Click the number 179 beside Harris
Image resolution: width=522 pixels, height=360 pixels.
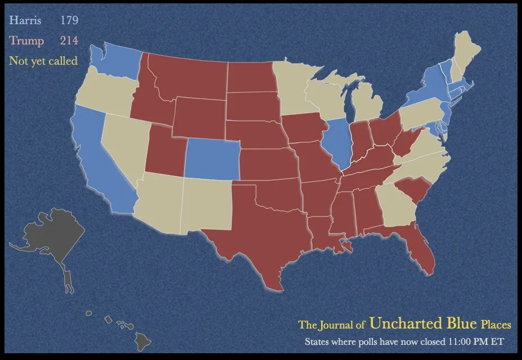(69, 21)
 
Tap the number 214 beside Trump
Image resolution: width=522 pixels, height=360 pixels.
(69, 40)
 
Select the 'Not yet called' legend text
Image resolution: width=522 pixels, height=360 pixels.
(43, 60)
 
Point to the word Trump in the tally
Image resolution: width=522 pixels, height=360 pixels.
(26, 40)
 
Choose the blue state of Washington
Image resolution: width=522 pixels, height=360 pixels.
(115, 62)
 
